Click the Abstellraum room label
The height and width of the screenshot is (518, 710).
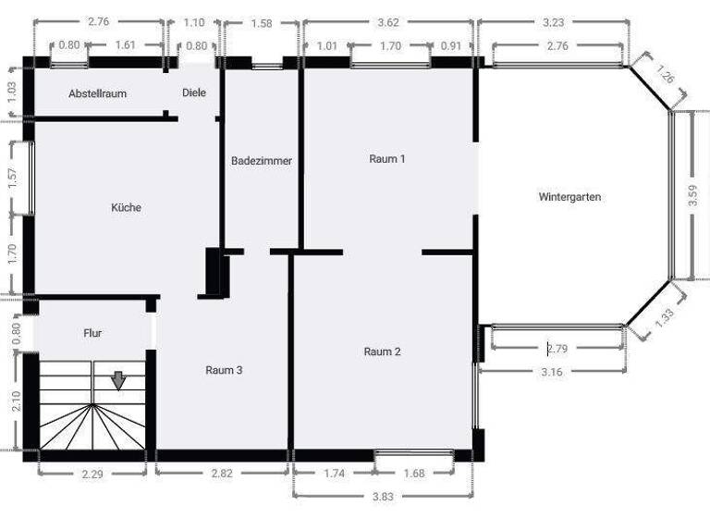97,93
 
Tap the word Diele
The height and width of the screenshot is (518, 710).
194,92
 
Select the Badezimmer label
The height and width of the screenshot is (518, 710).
261,161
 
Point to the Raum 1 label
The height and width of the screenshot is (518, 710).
387,159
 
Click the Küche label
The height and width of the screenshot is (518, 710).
126,208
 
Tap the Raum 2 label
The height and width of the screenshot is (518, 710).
382,351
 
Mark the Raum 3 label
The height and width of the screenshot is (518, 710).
224,370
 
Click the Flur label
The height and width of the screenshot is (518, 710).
92,333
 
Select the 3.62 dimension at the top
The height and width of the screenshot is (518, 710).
389,21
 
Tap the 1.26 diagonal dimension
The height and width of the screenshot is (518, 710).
666,74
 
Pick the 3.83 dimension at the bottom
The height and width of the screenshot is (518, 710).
382,498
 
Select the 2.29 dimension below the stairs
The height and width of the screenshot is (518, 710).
92,475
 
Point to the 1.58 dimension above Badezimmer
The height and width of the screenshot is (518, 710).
263,22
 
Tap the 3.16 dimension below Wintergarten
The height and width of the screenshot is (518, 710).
553,372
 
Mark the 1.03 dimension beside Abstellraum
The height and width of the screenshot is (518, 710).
11,92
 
